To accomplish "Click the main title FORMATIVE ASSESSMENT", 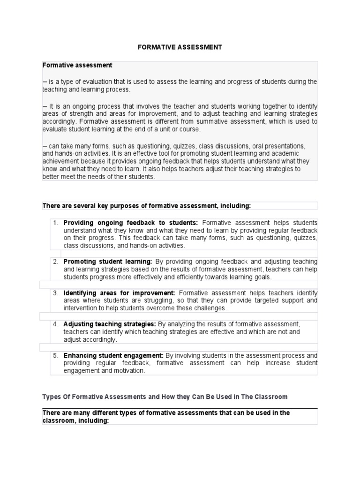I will (180, 47).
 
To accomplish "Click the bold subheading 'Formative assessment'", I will (77, 65).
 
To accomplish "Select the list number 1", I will (55, 223).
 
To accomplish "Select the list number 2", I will (55, 262).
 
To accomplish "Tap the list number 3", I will (55, 293).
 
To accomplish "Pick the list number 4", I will (55, 324).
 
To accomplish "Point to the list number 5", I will (55, 356).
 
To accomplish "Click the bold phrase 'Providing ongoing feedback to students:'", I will (131, 223).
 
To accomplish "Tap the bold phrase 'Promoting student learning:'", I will (108, 262).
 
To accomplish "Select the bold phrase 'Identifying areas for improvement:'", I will (119, 293).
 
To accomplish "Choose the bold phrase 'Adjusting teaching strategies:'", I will (110, 324).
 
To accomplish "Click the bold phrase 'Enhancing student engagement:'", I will (113, 356).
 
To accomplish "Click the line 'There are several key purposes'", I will (147, 205).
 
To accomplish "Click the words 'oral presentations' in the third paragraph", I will (279, 146).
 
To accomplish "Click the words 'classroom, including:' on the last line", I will (75, 420).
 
